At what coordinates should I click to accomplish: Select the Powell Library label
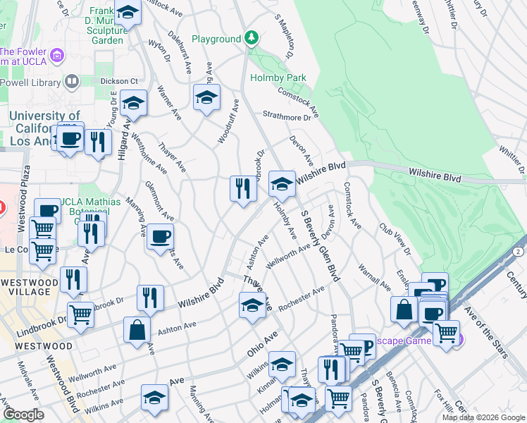[x=32, y=82]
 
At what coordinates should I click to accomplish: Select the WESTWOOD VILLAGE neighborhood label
[x=30, y=288]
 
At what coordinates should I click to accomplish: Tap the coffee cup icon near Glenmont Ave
[x=161, y=237]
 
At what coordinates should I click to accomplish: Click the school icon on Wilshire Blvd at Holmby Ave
[x=282, y=184]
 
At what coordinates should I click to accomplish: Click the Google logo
[x=24, y=415]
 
